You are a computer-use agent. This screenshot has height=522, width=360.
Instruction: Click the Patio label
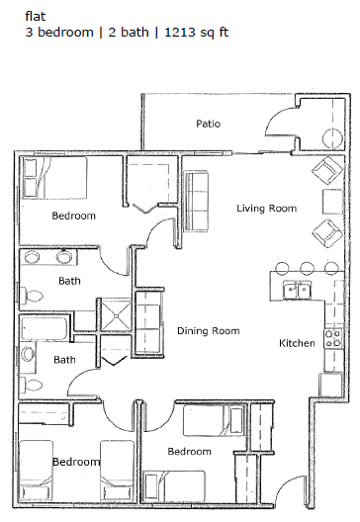[x=208, y=124]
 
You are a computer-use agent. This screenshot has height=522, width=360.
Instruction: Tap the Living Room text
[x=267, y=208]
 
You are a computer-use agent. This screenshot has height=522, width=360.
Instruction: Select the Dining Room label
[x=209, y=331]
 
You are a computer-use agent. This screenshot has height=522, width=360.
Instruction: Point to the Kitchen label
[x=297, y=343]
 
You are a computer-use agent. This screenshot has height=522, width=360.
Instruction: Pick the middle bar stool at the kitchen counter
[x=307, y=268]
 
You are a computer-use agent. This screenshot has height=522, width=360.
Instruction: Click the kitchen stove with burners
[x=332, y=334]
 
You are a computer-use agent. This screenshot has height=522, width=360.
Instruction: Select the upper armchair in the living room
[x=324, y=175]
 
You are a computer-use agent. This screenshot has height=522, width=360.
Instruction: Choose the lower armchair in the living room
[x=324, y=235]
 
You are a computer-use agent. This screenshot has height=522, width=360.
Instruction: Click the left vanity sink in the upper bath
[x=33, y=259]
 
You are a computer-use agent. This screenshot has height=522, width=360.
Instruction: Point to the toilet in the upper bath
[x=34, y=295]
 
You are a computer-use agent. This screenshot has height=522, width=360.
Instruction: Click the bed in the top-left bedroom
[x=54, y=178]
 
